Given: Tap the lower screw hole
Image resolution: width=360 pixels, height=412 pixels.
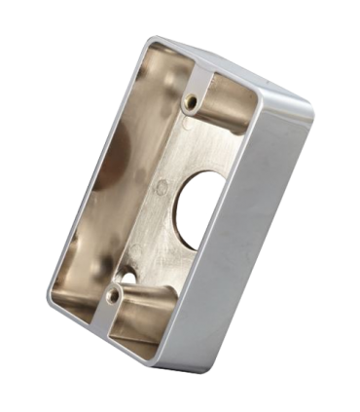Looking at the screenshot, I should click(x=115, y=289).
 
